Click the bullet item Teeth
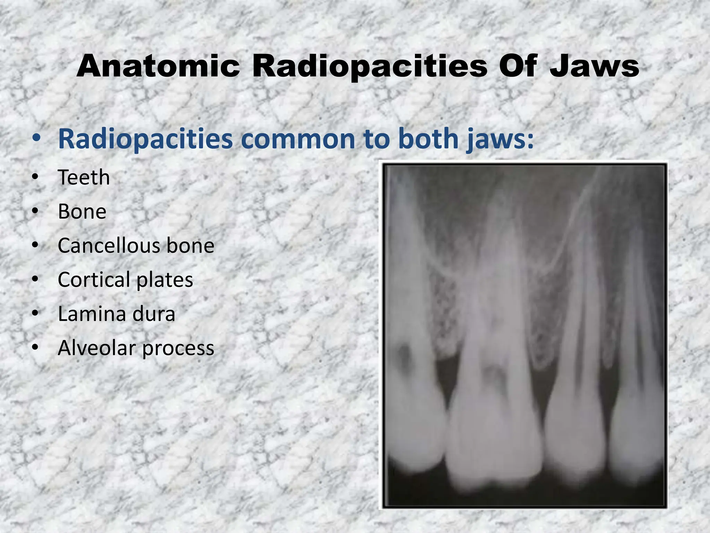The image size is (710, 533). [x=84, y=178]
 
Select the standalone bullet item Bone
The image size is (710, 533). [x=82, y=212]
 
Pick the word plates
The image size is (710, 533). [x=165, y=280]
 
